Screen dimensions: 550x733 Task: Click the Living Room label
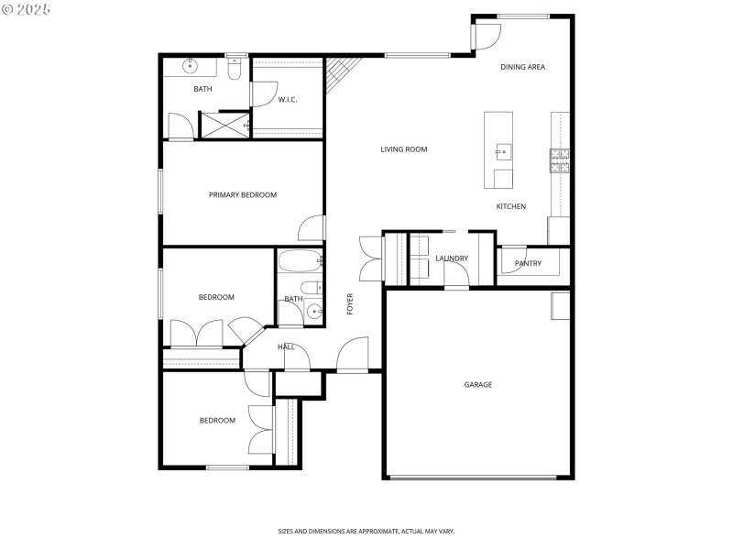[x=404, y=149]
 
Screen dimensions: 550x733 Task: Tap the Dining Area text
[x=523, y=67]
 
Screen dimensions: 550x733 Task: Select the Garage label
[x=477, y=385]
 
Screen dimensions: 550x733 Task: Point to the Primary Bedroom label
[x=243, y=194]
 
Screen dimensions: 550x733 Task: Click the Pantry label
[x=528, y=264]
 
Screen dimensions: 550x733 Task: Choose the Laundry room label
[x=452, y=258]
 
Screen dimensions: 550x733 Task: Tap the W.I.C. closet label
[x=288, y=100]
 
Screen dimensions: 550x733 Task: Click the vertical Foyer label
[x=350, y=304]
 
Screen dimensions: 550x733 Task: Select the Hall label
[x=286, y=346]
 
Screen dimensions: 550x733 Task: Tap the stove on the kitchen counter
[x=560, y=160]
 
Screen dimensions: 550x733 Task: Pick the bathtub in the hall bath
[x=300, y=262]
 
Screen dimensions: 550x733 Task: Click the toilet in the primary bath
[x=234, y=68]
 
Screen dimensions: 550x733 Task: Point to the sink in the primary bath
[x=191, y=66]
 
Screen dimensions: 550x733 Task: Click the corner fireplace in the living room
[x=343, y=75]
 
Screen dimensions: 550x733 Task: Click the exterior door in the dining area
[x=487, y=35]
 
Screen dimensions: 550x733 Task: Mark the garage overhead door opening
[x=473, y=477]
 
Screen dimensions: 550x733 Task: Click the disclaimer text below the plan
[x=366, y=531]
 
